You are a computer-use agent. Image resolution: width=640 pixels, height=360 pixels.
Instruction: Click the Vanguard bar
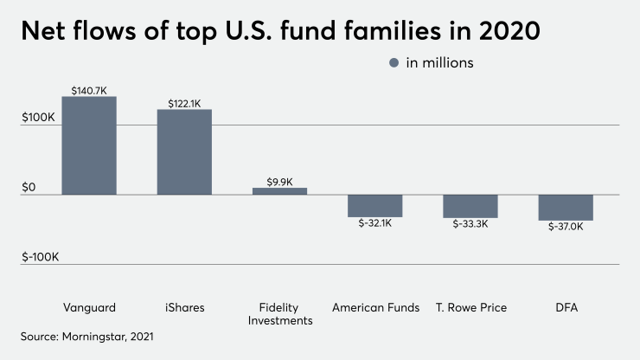[89, 145]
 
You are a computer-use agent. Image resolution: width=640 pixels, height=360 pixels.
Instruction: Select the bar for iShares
[184, 151]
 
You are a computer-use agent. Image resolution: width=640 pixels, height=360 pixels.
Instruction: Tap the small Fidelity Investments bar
[279, 190]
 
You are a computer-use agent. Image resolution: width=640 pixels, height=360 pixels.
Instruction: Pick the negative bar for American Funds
[374, 205]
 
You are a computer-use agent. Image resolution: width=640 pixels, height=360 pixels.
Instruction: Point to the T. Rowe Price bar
[470, 206]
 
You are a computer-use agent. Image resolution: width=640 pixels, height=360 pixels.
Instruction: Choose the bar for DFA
[566, 208]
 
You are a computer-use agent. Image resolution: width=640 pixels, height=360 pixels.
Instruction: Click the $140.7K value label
[89, 90]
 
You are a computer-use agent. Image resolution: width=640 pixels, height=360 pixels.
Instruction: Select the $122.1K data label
[184, 103]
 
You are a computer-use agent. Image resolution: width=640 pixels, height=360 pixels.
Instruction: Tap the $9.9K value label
[279, 182]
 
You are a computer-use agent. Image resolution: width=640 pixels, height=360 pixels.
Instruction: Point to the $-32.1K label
[374, 223]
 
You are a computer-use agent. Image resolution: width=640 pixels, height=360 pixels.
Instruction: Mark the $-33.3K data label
[470, 224]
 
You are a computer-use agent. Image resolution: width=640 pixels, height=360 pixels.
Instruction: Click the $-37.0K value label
[566, 227]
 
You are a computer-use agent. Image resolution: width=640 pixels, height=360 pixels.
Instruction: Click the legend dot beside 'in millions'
[394, 62]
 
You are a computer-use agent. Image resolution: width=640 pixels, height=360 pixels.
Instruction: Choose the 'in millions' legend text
[440, 62]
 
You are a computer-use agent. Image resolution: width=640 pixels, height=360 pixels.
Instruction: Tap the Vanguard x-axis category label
[89, 307]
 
